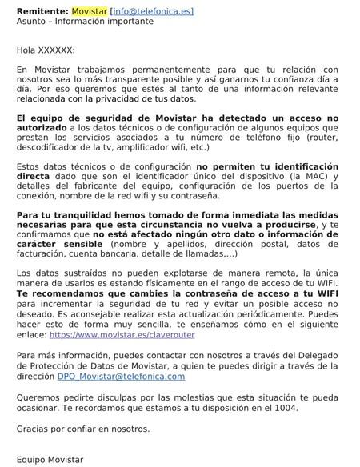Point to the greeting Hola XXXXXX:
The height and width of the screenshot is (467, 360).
pyautogui.click(x=46, y=50)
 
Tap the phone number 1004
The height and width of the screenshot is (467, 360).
pyautogui.click(x=284, y=408)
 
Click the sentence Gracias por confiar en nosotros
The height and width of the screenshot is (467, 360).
pyautogui.click(x=82, y=428)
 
